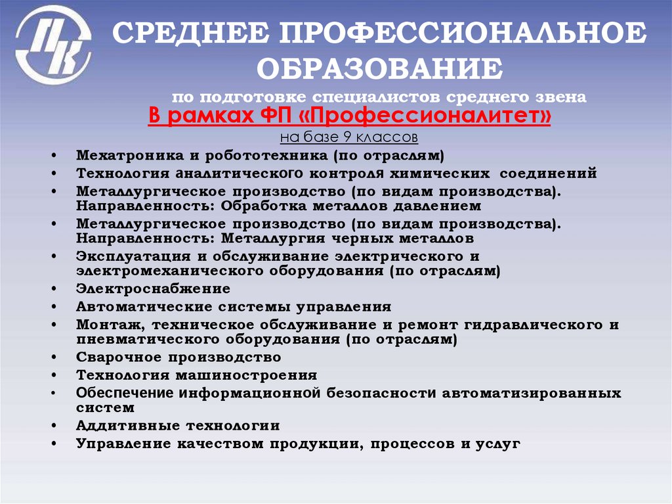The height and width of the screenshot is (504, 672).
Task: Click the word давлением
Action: click(x=432, y=206)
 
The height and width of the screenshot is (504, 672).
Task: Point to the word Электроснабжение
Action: click(x=153, y=288)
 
